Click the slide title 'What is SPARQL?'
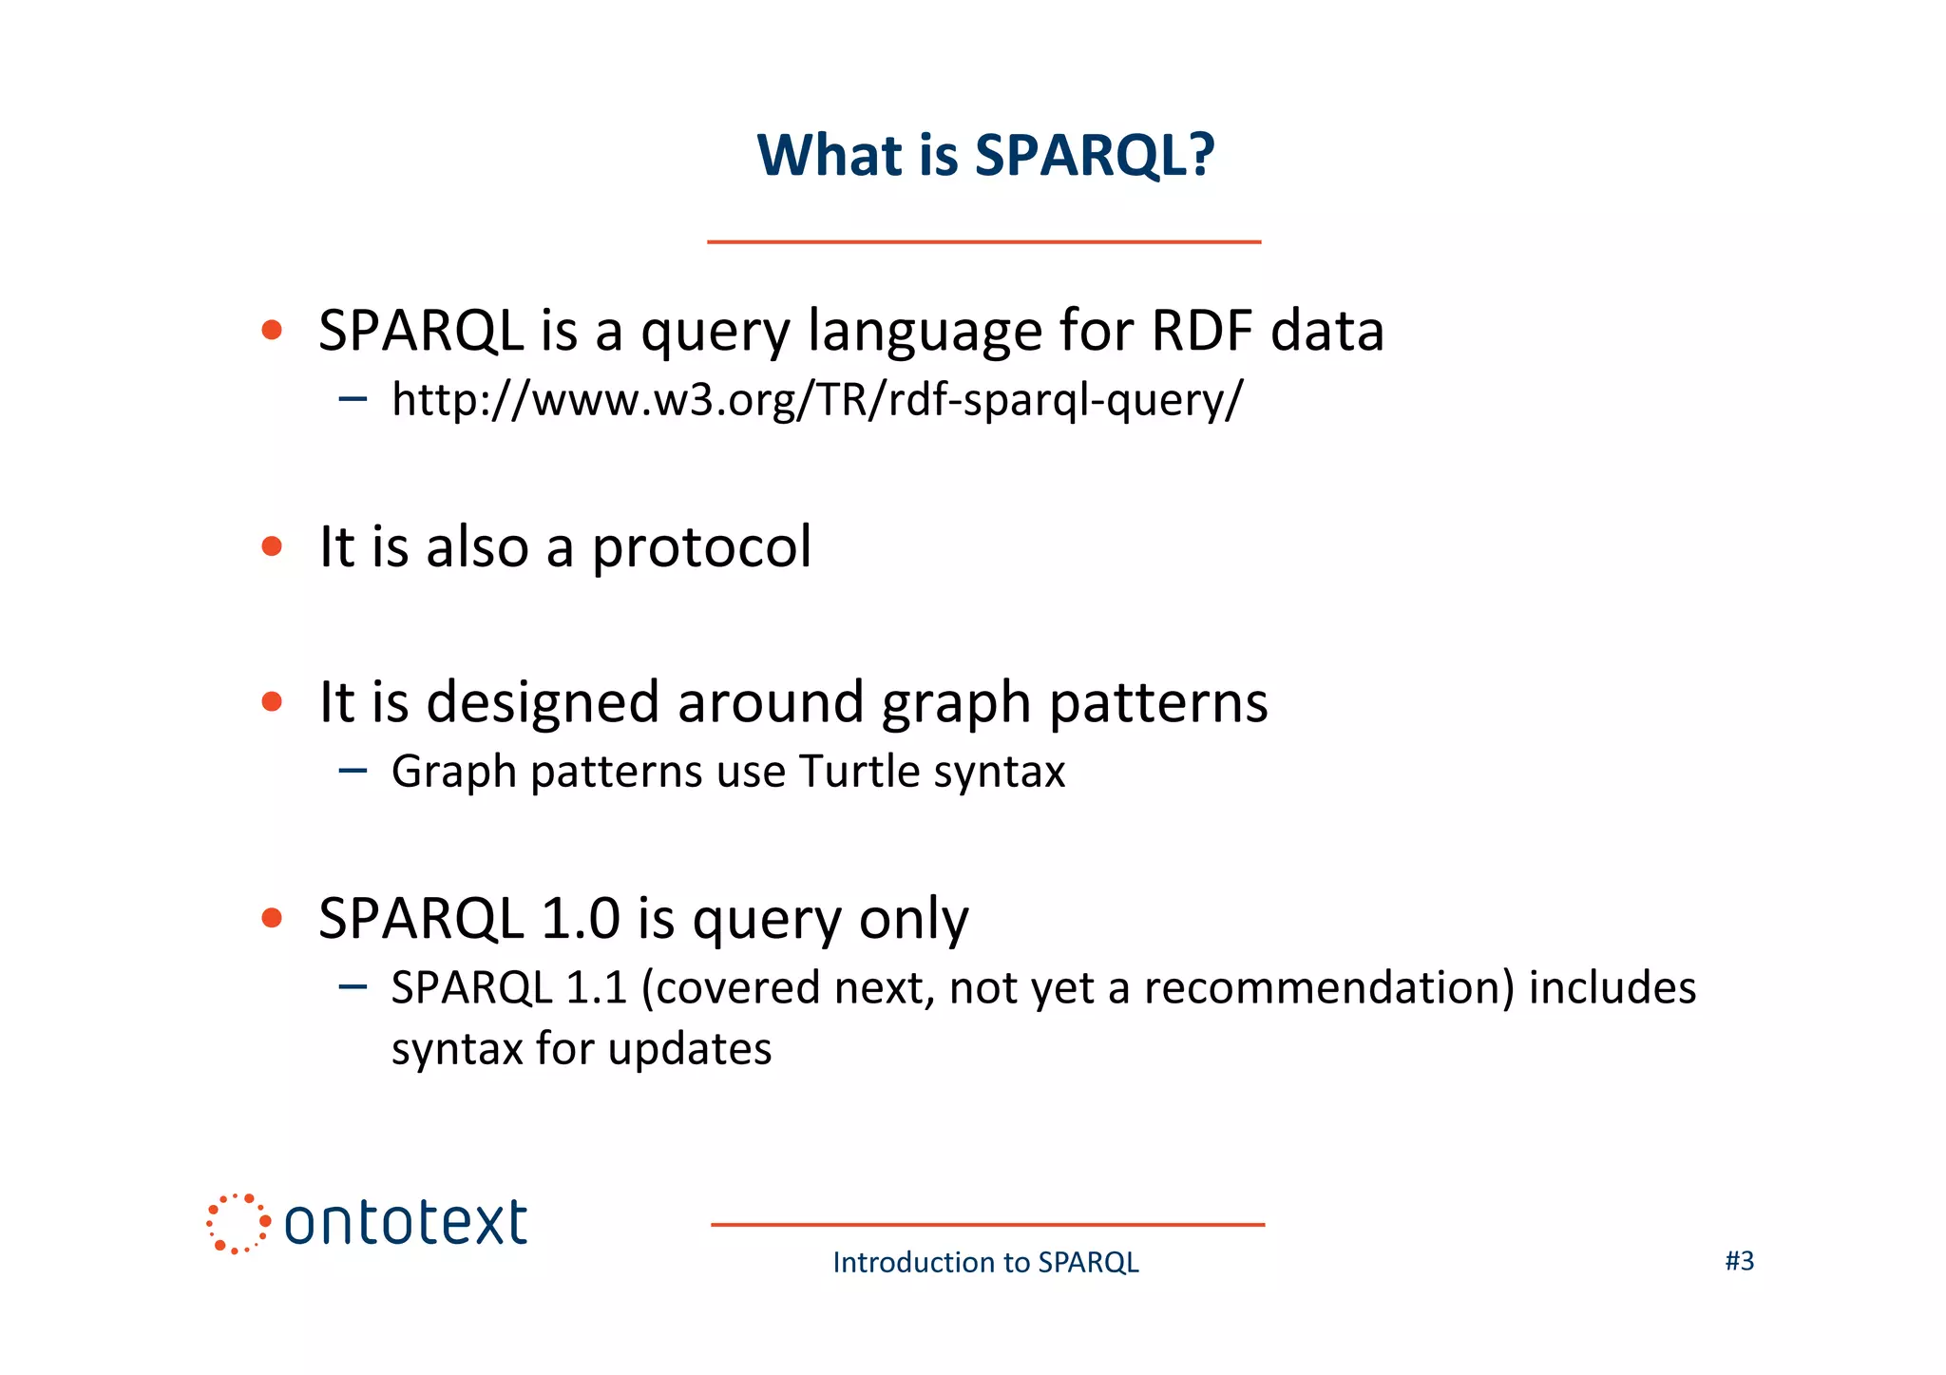click(x=985, y=155)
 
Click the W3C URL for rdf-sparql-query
click(x=816, y=399)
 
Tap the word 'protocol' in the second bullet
click(x=701, y=547)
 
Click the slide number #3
click(x=1739, y=1261)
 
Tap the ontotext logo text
click(x=406, y=1223)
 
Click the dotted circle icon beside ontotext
click(x=237, y=1223)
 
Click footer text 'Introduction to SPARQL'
click(x=985, y=1262)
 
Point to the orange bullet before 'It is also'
click(x=272, y=546)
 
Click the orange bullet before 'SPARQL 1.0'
click(x=272, y=918)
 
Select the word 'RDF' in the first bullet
click(x=1202, y=331)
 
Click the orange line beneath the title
click(x=983, y=242)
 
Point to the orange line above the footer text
click(x=987, y=1225)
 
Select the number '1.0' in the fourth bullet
click(x=580, y=919)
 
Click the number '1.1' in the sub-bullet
click(x=596, y=988)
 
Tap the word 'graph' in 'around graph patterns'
click(x=956, y=704)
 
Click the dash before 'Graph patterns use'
click(x=353, y=770)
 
